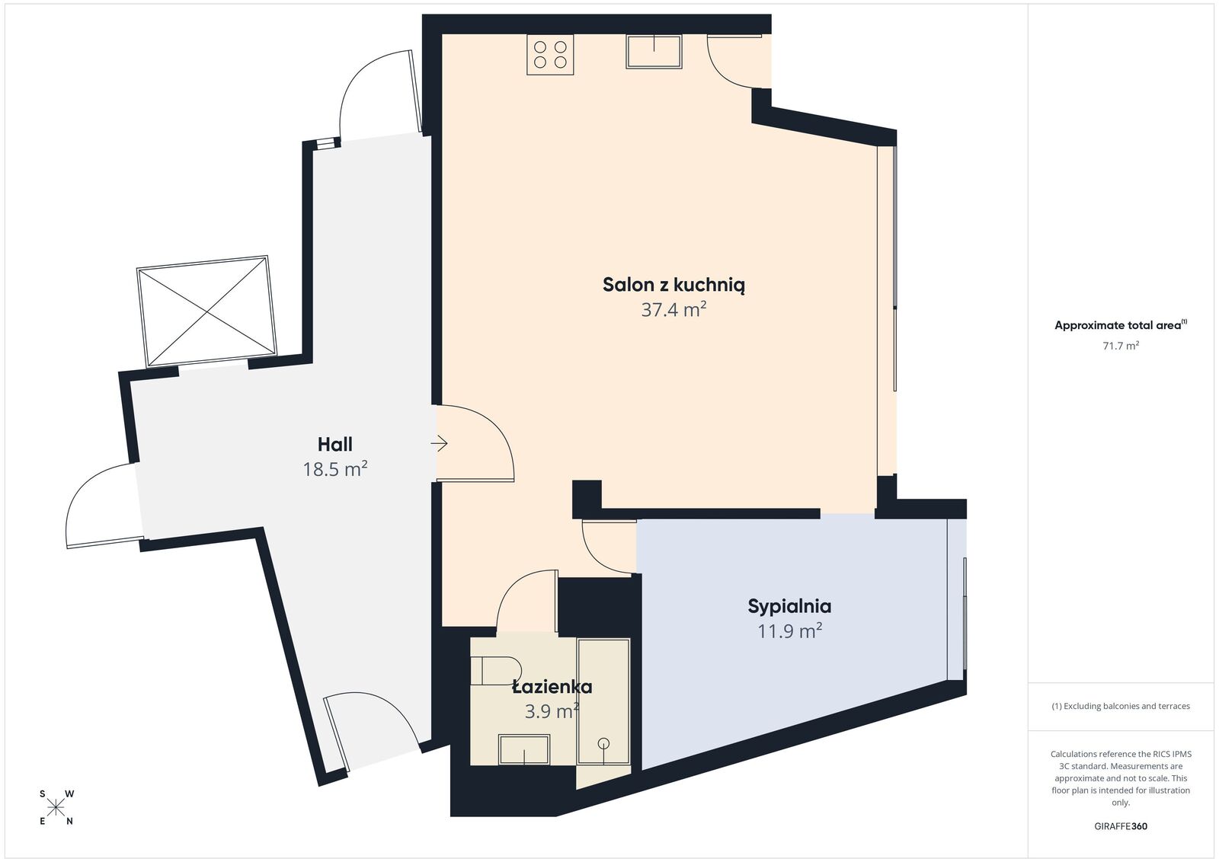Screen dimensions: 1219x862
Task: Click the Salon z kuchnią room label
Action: pos(673,285)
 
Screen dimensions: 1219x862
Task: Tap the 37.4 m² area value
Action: pos(673,309)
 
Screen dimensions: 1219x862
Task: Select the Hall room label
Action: pos(334,444)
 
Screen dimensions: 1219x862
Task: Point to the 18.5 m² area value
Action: pos(334,469)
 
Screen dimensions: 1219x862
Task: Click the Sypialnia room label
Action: pos(789,606)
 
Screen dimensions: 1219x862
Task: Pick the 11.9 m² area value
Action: pos(789,631)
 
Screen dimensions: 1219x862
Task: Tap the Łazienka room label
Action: pos(552,686)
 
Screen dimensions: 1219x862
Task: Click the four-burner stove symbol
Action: pos(550,54)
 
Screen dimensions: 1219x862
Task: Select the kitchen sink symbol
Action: pos(654,52)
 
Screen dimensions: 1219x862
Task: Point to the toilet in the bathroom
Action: pos(496,671)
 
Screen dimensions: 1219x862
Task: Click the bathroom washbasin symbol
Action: pos(524,749)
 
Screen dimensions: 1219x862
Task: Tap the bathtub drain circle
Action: pos(603,743)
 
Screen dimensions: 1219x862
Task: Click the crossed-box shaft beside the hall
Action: pos(206,311)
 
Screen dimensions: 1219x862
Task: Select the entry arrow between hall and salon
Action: pos(439,443)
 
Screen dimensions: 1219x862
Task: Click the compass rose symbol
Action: pos(56,808)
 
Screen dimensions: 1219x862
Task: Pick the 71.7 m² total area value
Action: pos(1121,346)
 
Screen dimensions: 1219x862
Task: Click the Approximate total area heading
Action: pos(1121,325)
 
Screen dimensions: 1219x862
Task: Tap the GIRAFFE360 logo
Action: pos(1121,826)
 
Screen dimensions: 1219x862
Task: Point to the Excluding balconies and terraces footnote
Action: pos(1121,706)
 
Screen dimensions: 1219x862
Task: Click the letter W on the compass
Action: pos(69,794)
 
